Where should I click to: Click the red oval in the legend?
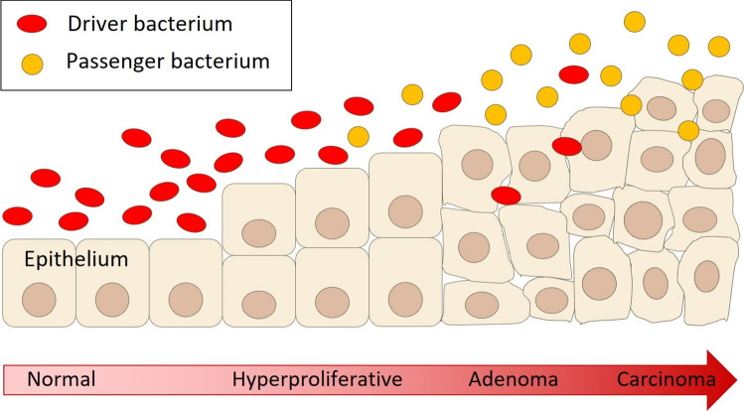[32, 23]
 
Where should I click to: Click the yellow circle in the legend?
[32, 64]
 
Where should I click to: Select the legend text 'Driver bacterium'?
[150, 24]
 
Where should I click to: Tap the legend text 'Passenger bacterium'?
[168, 62]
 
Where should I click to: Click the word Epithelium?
[76, 259]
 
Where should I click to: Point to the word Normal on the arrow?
[62, 379]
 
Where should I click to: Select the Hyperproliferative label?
[317, 379]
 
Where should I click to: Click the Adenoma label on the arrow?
[514, 379]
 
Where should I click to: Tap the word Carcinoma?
[667, 379]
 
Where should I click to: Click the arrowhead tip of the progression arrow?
[737, 379]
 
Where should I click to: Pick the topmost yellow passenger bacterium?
[635, 22]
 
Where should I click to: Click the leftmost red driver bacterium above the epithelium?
[18, 215]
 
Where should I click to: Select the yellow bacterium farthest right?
[719, 47]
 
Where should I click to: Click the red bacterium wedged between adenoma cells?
[506, 196]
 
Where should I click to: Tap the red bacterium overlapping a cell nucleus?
[567, 147]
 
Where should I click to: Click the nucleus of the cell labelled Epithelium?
[39, 300]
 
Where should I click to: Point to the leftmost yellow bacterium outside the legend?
[359, 137]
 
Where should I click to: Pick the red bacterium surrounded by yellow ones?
[574, 74]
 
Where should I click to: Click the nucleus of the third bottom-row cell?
[186, 300]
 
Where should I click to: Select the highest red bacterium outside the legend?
[574, 74]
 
